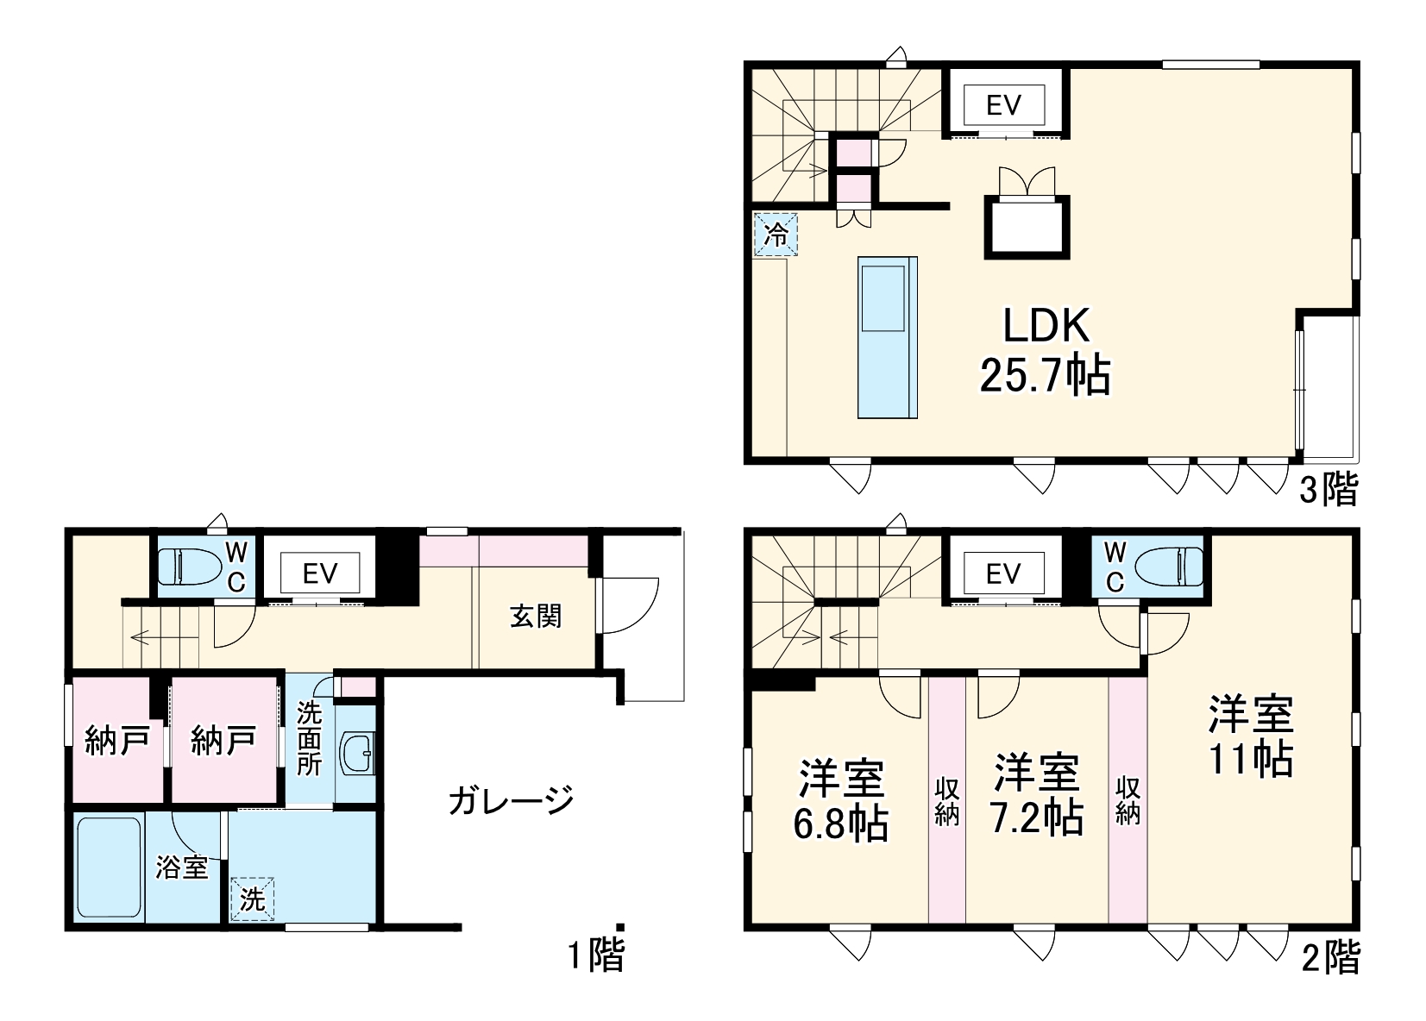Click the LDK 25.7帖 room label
(x=1046, y=350)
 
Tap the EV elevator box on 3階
(x=1004, y=105)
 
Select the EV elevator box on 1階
(x=319, y=573)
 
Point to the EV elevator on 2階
(x=1002, y=573)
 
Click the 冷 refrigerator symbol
(x=776, y=234)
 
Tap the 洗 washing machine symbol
(x=252, y=899)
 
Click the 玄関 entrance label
(x=536, y=616)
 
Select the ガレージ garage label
(x=511, y=801)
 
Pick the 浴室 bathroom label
(x=182, y=867)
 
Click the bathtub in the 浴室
(x=109, y=870)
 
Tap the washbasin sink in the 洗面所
(x=356, y=755)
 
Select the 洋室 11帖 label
(x=1250, y=736)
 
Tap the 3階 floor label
(x=1329, y=491)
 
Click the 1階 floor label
(x=595, y=955)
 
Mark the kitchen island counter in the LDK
(x=887, y=337)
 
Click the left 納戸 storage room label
(x=116, y=741)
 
